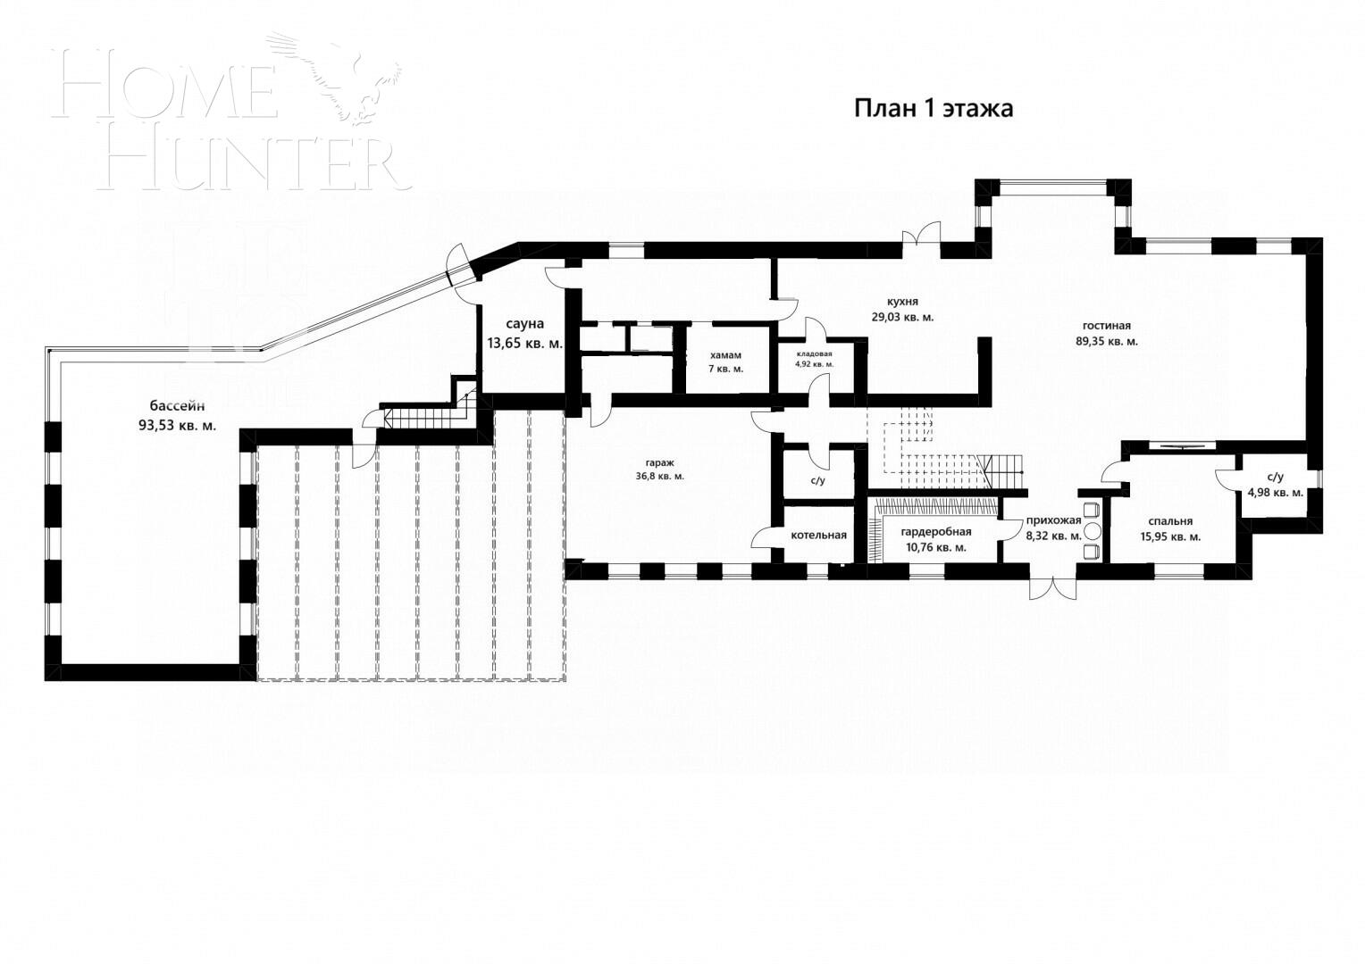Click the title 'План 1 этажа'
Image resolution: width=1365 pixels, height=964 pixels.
click(934, 109)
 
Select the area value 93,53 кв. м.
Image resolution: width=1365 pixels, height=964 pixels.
click(177, 426)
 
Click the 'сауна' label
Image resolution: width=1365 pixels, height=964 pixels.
click(524, 324)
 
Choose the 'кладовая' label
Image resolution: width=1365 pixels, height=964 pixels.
click(814, 353)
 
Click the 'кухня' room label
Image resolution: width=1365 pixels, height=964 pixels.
click(902, 302)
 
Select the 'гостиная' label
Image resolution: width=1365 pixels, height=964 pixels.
click(1106, 326)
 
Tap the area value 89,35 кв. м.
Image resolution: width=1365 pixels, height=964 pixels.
click(1106, 341)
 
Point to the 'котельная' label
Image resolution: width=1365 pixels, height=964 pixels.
click(818, 536)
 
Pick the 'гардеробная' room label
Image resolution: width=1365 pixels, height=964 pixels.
click(935, 532)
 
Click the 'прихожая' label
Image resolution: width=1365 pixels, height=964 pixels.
click(1054, 520)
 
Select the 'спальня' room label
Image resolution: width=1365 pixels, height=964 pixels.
click(1170, 521)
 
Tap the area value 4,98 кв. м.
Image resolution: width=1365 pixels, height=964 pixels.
click(1276, 492)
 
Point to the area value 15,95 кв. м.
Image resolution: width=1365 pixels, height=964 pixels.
click(1170, 536)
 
